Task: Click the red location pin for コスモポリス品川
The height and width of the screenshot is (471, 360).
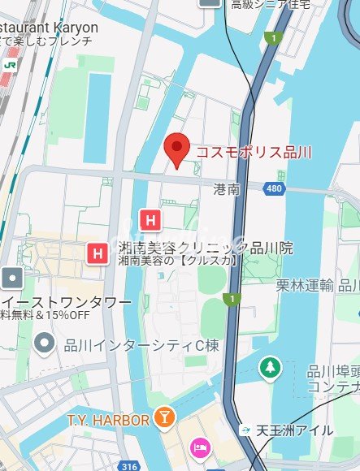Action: (x=176, y=150)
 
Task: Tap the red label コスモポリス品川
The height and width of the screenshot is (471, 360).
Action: (x=254, y=152)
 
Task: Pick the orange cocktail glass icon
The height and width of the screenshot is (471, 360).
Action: (x=165, y=418)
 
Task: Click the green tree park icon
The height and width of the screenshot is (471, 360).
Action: (x=269, y=368)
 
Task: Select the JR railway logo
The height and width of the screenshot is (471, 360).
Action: (x=10, y=63)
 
